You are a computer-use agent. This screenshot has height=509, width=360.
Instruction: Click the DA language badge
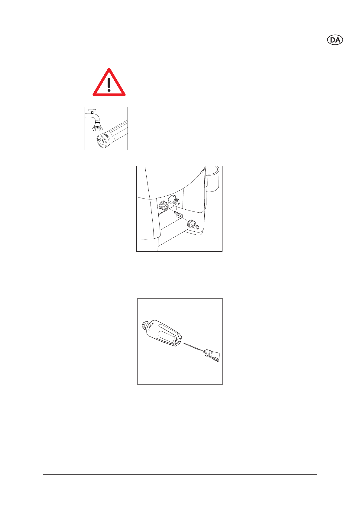(335, 40)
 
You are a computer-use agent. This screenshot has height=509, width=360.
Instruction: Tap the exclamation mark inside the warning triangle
(109, 85)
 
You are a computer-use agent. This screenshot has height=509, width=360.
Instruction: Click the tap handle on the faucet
(92, 110)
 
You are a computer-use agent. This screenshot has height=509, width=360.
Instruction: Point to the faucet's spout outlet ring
(98, 122)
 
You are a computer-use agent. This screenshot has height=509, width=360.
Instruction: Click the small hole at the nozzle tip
(177, 340)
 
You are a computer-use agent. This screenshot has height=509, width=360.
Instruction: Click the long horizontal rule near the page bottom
(180, 475)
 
